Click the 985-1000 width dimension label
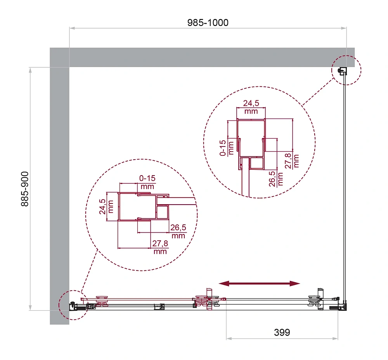tap(208, 23)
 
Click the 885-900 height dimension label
tap(25, 189)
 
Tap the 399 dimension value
tap(282, 332)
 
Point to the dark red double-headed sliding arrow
tap(259, 283)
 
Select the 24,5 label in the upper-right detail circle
tap(251, 103)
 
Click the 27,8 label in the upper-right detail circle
tap(288, 161)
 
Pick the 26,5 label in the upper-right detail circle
tap(272, 179)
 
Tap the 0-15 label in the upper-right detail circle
tap(223, 148)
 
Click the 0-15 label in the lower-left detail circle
tap(147, 178)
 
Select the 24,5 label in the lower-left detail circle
tap(102, 207)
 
